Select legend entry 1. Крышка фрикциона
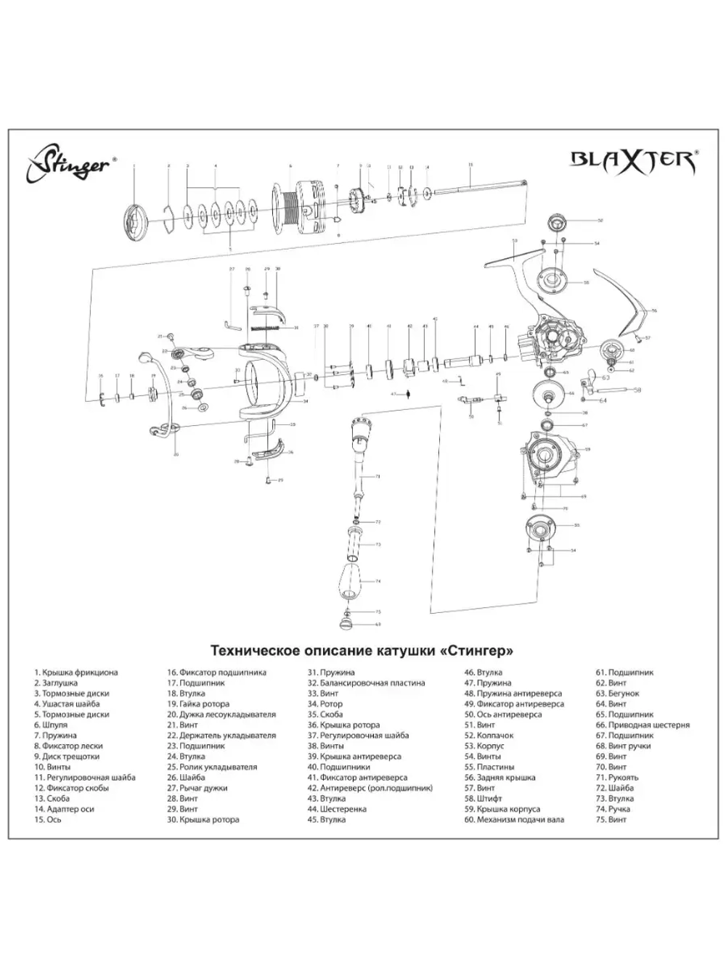76,672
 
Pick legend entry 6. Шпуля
50,725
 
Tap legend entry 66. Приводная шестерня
643,725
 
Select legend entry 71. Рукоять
617,778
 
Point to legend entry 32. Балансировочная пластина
366,683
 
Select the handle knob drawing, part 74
351,580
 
